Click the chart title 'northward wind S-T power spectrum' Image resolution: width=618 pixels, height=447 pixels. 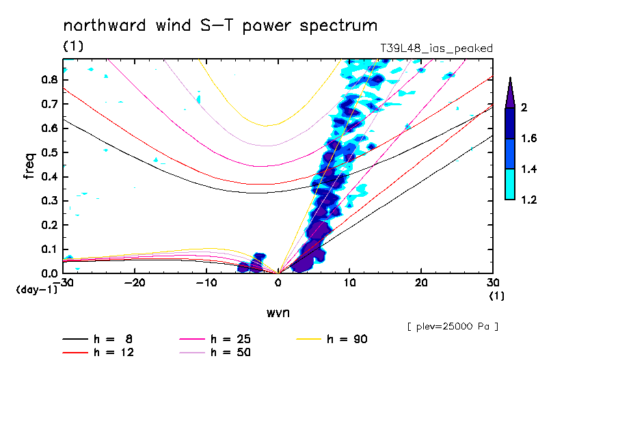tap(220, 26)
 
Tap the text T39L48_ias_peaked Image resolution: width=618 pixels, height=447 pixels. tap(436, 48)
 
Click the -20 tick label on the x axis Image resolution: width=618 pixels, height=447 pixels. tap(135, 284)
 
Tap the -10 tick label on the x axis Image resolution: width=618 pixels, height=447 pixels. tap(206, 284)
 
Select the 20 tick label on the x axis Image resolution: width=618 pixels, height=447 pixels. tap(420, 284)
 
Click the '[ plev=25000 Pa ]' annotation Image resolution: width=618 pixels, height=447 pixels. tap(452, 327)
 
